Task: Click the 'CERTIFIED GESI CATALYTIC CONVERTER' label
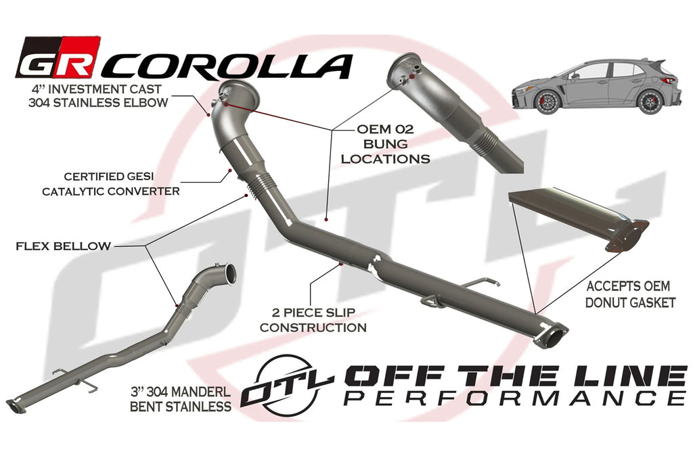111,183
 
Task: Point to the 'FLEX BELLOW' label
63,246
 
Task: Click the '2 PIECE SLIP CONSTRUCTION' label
313,321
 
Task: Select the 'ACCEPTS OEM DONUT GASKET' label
631,295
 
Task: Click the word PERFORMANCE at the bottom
514,397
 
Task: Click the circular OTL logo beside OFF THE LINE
287,382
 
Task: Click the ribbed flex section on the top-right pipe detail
485,141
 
